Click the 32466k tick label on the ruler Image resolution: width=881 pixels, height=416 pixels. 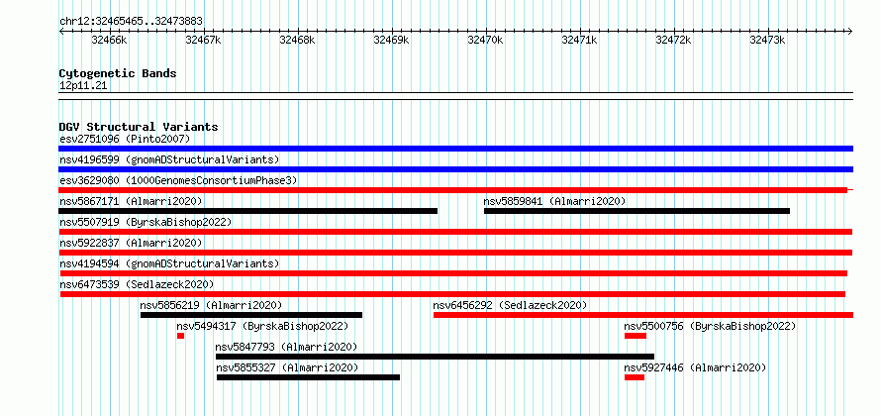pyautogui.click(x=110, y=40)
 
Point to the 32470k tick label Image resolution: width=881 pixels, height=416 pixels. pyautogui.click(x=485, y=40)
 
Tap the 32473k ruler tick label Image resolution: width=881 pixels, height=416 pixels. pyautogui.click(x=767, y=40)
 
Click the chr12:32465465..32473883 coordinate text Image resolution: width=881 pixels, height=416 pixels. pyautogui.click(x=131, y=22)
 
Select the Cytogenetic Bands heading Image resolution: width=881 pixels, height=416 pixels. pyautogui.click(x=118, y=73)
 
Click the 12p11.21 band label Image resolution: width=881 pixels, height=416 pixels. pyautogui.click(x=83, y=86)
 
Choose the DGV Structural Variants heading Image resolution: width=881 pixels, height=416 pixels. pyautogui.click(x=139, y=127)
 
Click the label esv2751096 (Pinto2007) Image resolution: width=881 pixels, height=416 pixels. pyautogui.click(x=125, y=139)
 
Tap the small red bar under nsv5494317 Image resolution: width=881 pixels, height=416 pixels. pyautogui.click(x=180, y=336)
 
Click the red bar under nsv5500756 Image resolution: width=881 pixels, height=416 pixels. pyautogui.click(x=636, y=336)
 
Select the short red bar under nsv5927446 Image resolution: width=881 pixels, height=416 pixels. pyautogui.click(x=635, y=377)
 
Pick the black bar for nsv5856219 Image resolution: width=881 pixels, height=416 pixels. pyautogui.click(x=251, y=315)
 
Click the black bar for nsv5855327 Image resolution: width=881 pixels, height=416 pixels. pyautogui.click(x=308, y=377)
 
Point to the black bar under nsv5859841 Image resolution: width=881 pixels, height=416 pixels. pyautogui.click(x=636, y=211)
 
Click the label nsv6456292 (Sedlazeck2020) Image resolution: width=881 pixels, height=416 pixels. pyautogui.click(x=510, y=305)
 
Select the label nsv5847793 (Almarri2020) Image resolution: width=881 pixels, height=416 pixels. pyautogui.click(x=286, y=347)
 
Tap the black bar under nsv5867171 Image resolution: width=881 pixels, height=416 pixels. pyautogui.click(x=247, y=211)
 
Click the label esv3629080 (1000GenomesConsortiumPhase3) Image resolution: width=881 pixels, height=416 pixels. pyautogui.click(x=178, y=180)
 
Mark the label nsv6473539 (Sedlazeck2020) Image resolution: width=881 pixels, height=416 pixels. pyautogui.click(x=137, y=284)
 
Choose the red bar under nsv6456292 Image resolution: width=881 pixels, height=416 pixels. pyautogui.click(x=643, y=315)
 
